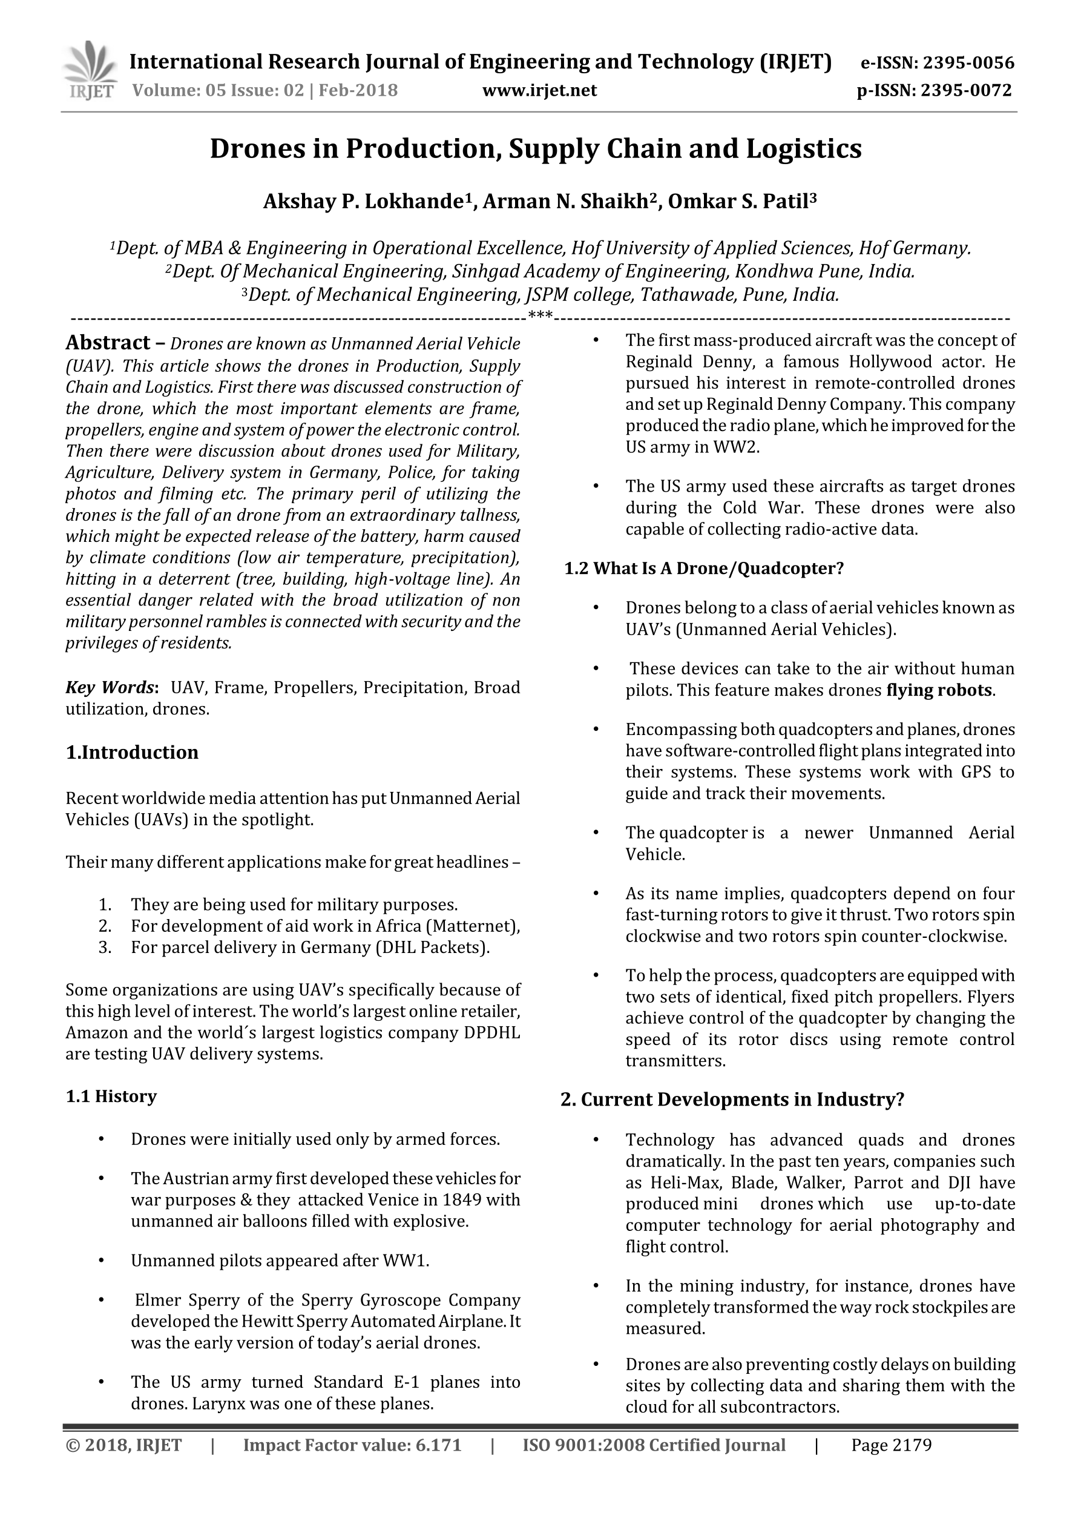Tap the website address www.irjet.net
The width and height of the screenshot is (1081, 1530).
tap(539, 90)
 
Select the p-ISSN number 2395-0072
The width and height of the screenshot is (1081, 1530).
tap(966, 90)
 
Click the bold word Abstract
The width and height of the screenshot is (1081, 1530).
tap(108, 343)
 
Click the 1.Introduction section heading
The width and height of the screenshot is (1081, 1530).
tap(132, 753)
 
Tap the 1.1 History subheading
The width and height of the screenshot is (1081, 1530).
tap(111, 1096)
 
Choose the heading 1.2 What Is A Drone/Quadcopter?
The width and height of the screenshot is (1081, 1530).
tap(704, 569)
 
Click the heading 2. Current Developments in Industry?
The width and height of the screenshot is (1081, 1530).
tap(732, 1100)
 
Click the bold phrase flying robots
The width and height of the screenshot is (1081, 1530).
tap(939, 690)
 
